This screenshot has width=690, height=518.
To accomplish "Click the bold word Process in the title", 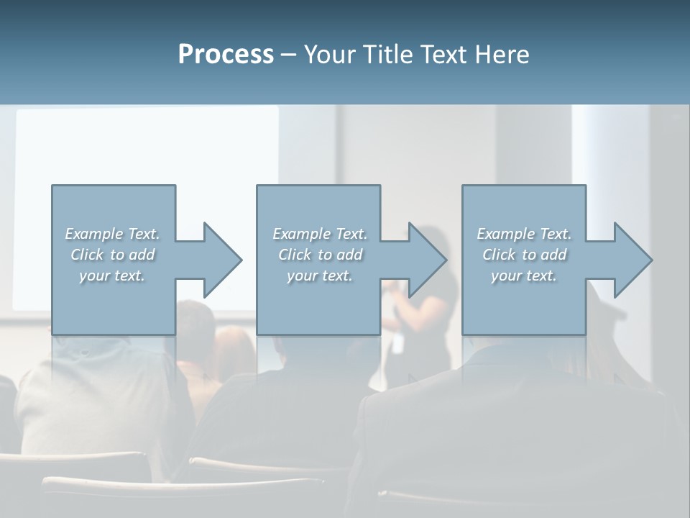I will [226, 55].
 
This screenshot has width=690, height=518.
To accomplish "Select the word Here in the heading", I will [502, 55].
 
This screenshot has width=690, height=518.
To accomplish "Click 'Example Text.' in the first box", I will [112, 234].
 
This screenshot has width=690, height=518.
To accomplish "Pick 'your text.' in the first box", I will [112, 276].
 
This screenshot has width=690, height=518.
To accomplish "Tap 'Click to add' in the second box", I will [320, 255].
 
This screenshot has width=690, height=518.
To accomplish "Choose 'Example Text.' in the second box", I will [320, 234].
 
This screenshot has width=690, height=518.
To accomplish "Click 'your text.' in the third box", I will [524, 276].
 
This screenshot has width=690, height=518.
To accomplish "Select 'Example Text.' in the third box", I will [524, 234].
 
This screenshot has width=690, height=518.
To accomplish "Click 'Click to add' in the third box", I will [524, 255].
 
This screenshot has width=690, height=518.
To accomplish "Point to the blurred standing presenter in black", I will [424, 302].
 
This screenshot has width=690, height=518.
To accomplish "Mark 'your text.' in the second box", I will [320, 276].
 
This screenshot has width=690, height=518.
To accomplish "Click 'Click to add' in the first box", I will [112, 255].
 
